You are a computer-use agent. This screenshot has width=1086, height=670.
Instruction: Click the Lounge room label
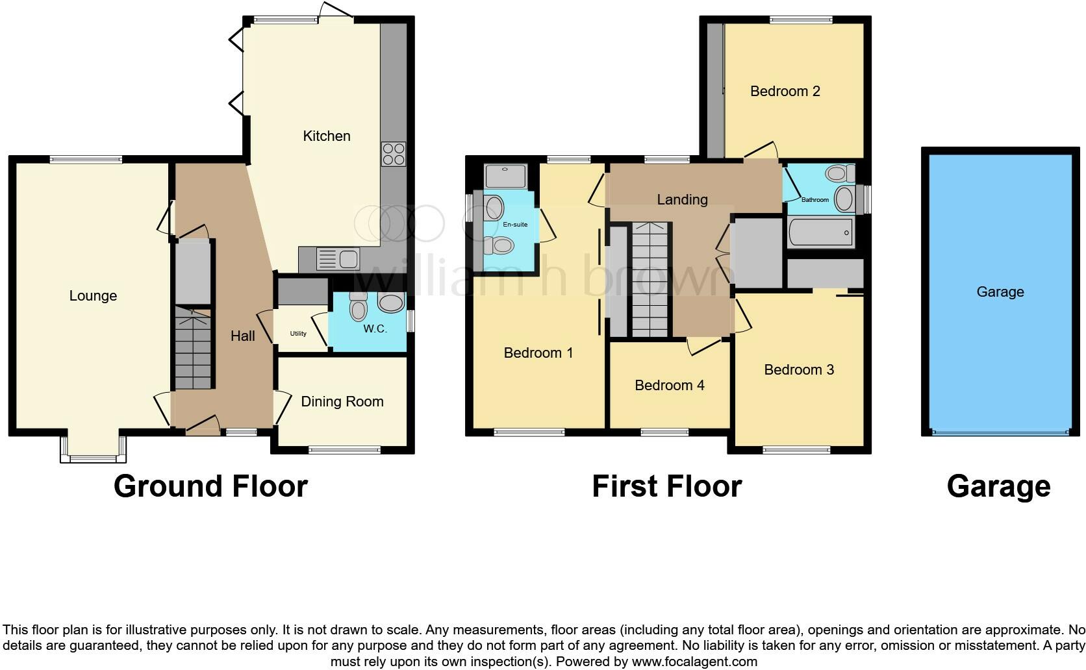[x=93, y=296]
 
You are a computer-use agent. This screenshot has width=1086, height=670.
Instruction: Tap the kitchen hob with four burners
[x=394, y=154]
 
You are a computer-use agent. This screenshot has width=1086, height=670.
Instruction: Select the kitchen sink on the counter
[x=338, y=259]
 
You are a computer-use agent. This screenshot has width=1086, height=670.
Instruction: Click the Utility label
[x=298, y=334]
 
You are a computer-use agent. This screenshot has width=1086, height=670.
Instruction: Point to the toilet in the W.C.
[x=358, y=306]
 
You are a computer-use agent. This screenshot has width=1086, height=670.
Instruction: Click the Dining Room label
[x=342, y=402]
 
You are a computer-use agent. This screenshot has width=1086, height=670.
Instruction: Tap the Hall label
[x=242, y=336]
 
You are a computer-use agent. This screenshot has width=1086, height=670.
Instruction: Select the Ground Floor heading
[x=210, y=486]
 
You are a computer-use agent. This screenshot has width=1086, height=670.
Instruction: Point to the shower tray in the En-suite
[x=505, y=175]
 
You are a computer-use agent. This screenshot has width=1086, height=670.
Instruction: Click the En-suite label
[x=515, y=225]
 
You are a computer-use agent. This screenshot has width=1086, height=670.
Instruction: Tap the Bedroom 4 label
[x=669, y=386]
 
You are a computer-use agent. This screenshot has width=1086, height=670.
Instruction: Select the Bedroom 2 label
[x=785, y=92]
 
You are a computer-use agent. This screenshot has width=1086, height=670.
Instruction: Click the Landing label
[x=681, y=200]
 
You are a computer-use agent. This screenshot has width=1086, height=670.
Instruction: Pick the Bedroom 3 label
[x=798, y=370]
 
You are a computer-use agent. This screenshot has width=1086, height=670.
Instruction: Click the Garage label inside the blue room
[x=1000, y=292]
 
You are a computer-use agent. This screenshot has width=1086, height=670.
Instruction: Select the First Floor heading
[x=666, y=486]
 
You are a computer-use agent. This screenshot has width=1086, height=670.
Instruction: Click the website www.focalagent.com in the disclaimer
[x=694, y=662]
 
